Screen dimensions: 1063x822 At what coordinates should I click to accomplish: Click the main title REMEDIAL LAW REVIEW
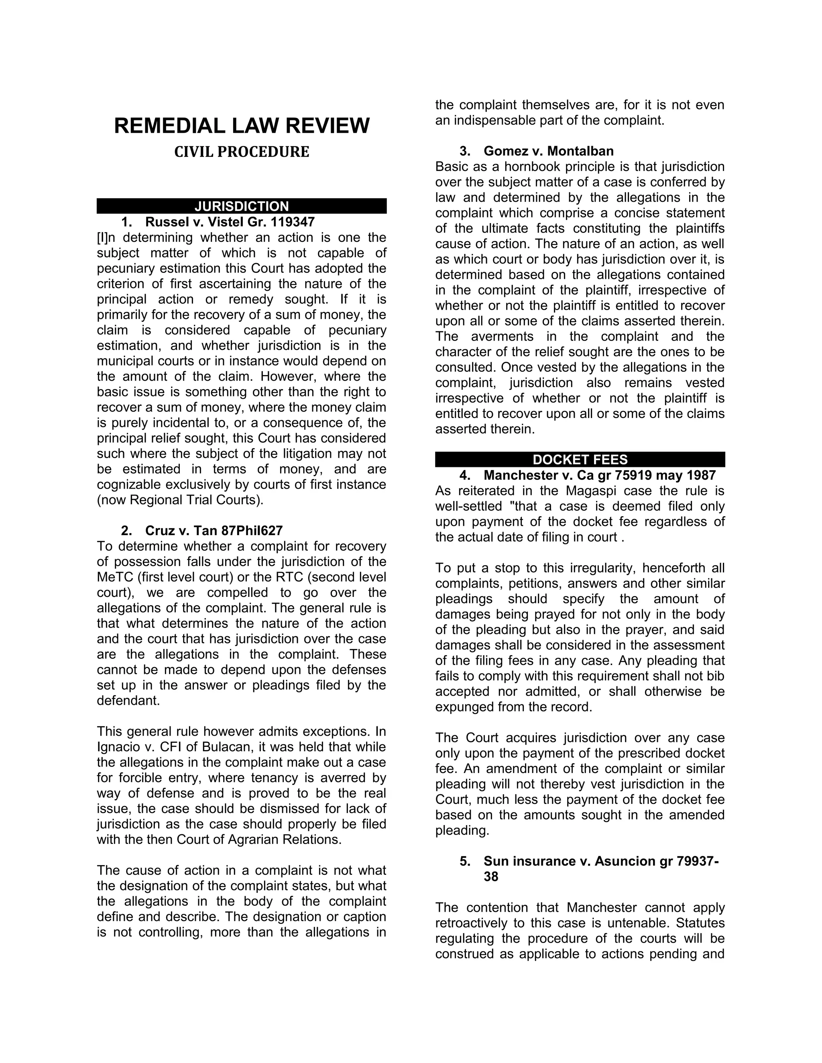242,126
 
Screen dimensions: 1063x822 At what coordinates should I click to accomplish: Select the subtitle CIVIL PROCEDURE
242,152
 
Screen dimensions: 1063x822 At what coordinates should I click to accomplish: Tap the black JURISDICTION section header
242,206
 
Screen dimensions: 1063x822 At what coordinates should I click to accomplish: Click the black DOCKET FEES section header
580,459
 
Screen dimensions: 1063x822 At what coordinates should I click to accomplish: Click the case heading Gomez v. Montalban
548,151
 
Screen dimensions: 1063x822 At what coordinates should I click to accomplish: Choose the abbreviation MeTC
114,577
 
